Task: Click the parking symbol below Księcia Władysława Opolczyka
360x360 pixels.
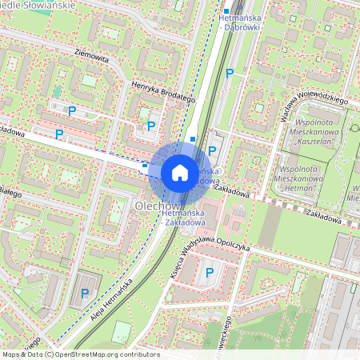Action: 210,272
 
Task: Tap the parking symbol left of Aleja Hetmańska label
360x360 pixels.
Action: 85,294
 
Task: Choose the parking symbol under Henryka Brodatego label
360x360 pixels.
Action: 151,125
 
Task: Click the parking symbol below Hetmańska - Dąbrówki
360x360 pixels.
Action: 230,73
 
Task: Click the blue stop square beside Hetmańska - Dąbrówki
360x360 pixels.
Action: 226,12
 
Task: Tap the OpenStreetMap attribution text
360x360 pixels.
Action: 70,354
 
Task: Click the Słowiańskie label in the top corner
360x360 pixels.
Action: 49,5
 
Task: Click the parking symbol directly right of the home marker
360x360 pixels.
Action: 212,150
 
